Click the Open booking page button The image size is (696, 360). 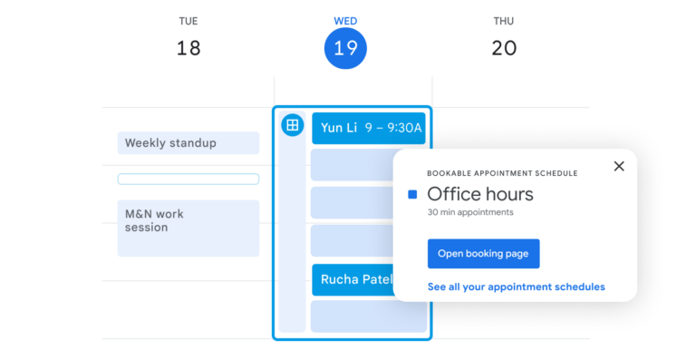483,254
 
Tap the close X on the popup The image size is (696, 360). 619,166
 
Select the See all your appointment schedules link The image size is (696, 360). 516,287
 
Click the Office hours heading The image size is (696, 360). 479,194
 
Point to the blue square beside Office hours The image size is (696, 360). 412,194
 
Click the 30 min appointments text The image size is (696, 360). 469,212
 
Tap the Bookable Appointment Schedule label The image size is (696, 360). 502,173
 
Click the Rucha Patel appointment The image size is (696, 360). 353,279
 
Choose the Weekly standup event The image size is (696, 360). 188,143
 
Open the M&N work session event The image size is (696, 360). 188,228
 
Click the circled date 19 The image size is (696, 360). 345,49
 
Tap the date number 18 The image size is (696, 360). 188,49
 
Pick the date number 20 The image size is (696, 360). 504,49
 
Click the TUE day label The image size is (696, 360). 188,21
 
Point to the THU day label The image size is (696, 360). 504,21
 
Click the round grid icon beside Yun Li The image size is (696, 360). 292,126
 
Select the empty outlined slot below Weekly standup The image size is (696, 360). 188,179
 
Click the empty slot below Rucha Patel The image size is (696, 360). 368,316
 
